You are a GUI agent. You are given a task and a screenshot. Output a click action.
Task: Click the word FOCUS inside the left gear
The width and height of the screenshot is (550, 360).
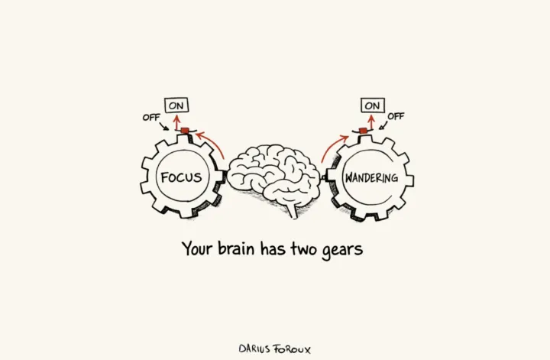click(x=181, y=178)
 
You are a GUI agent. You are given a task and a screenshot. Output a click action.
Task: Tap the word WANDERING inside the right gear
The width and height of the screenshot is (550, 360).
click(x=371, y=178)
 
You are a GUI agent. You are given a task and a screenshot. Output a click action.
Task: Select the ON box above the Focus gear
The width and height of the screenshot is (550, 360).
click(x=177, y=106)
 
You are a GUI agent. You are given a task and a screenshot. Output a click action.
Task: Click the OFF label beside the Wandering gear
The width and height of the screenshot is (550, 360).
click(x=396, y=116)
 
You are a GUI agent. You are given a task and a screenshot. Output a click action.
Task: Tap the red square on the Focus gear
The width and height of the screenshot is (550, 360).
click(x=184, y=131)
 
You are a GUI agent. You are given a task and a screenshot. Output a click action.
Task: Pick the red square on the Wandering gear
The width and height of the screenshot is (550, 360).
click(x=364, y=131)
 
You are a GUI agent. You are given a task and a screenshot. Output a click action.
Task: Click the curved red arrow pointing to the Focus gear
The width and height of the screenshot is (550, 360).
click(x=212, y=143)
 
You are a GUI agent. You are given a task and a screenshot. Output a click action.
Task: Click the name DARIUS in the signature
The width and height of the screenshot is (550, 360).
click(x=255, y=349)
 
